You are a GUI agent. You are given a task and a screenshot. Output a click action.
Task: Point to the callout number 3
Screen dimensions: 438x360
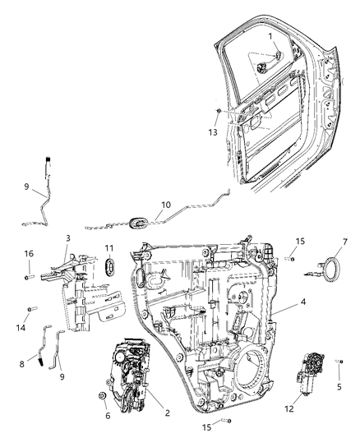(x=68, y=237)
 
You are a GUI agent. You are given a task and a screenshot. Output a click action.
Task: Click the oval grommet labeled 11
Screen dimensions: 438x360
(x=108, y=268)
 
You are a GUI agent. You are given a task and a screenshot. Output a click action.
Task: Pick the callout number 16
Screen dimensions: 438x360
(x=28, y=255)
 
